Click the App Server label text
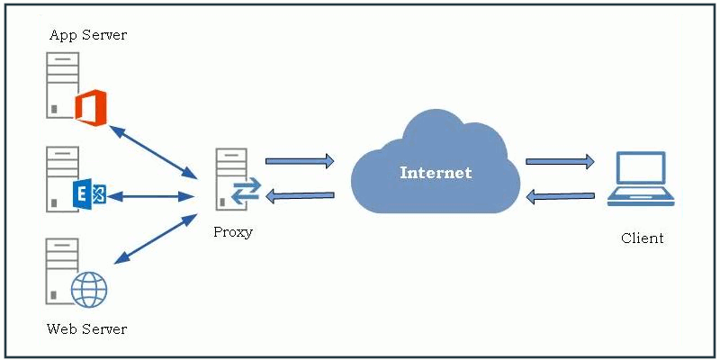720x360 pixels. [x=87, y=35]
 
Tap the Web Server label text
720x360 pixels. [x=86, y=328]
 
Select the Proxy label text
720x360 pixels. [x=233, y=232]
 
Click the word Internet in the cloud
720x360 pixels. [x=436, y=172]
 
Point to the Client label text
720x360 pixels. [x=642, y=238]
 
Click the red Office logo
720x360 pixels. [x=90, y=107]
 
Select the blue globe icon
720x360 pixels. [x=89, y=289]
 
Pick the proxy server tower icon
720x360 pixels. [x=229, y=181]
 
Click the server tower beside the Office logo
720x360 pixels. [x=61, y=85]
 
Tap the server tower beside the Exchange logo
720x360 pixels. [x=61, y=179]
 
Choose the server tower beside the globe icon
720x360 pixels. [x=61, y=271]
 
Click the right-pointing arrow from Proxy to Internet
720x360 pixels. [x=300, y=161]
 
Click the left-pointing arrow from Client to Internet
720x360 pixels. [x=560, y=195]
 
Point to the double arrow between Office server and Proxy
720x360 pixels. [x=153, y=149]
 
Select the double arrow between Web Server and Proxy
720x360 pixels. [x=155, y=239]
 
